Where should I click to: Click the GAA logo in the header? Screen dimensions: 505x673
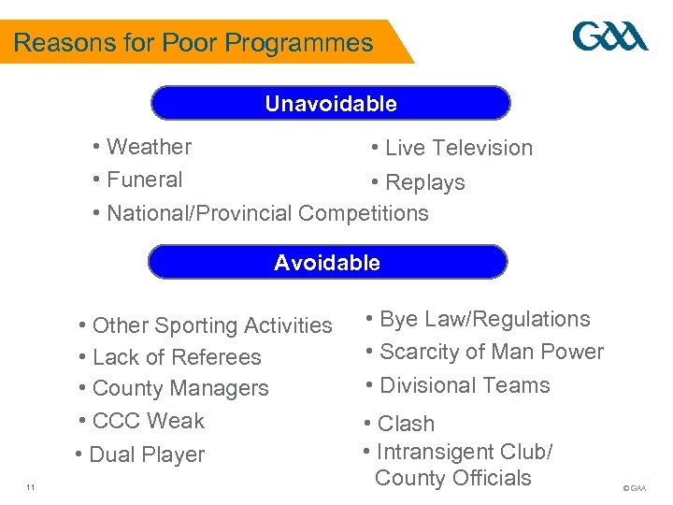[x=609, y=37]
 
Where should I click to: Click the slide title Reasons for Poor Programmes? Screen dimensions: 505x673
[x=193, y=43]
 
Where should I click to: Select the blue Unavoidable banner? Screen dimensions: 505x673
[x=331, y=104]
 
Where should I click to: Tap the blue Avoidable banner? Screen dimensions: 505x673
[x=327, y=263]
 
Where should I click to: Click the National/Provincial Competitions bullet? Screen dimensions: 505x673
[x=261, y=213]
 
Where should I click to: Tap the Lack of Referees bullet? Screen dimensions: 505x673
[x=170, y=357]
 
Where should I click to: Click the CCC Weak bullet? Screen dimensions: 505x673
[x=142, y=421]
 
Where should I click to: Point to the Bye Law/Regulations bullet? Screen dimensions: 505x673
[x=478, y=319]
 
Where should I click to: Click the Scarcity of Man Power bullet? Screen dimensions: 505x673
[x=484, y=352]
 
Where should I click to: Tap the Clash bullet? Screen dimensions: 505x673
[x=399, y=424]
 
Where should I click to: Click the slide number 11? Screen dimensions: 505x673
[x=31, y=487]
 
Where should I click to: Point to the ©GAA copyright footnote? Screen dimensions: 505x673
[x=634, y=488]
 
